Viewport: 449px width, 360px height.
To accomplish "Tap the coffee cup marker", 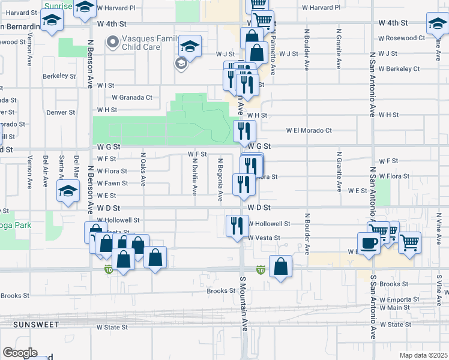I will tap(368, 243).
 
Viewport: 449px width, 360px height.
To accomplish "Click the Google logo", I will tap(19, 353).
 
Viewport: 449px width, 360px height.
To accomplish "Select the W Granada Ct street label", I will tap(132, 97).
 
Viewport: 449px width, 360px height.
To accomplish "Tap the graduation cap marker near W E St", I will tap(68, 192).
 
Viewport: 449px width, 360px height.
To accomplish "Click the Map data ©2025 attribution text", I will tap(423, 355).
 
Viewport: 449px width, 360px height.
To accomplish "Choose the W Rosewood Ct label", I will tap(402, 38).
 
